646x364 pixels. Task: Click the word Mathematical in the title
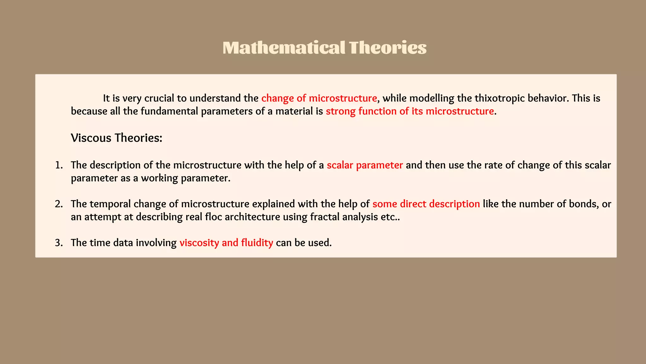(x=284, y=48)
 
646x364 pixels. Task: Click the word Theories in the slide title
(x=388, y=48)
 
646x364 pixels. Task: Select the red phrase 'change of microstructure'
(x=319, y=98)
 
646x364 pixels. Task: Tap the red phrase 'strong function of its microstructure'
(x=410, y=111)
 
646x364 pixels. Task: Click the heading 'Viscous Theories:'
(x=116, y=138)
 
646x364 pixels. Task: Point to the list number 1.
(x=59, y=165)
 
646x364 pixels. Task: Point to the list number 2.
(x=59, y=204)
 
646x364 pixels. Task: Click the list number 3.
(x=59, y=243)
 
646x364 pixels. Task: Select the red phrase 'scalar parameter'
(x=365, y=165)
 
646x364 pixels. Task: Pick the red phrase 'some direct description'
(x=426, y=204)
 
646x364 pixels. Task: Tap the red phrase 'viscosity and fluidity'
(x=226, y=243)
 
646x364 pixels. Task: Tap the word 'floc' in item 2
(x=214, y=217)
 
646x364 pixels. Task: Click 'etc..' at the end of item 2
(x=390, y=217)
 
